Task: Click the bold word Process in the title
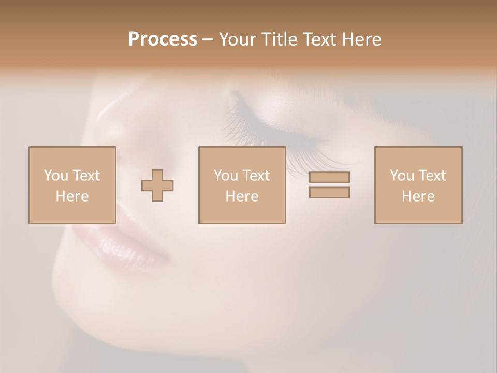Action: [x=163, y=39]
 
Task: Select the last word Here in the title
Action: [x=362, y=39]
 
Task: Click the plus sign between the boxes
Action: [x=157, y=185]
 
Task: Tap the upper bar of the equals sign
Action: [x=329, y=177]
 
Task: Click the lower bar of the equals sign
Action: [x=329, y=192]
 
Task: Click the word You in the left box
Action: [x=55, y=176]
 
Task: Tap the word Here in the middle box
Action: [x=242, y=196]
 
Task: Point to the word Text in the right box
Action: [x=432, y=176]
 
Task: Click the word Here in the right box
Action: [x=418, y=196]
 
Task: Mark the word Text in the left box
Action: [x=85, y=176]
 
